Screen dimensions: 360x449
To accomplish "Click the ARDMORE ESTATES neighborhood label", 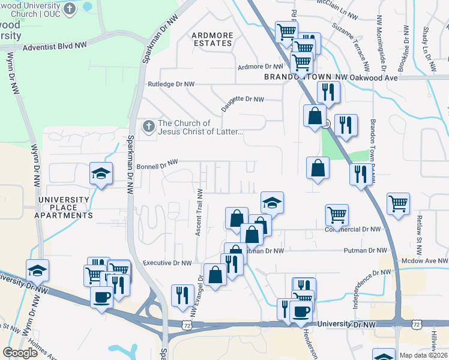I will click(212, 39).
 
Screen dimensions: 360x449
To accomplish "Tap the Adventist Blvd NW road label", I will click(55, 45).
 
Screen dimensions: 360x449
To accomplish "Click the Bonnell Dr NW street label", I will click(158, 163).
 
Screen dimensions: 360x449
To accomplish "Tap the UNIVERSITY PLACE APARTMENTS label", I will click(64, 207).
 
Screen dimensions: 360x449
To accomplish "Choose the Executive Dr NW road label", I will click(167, 263).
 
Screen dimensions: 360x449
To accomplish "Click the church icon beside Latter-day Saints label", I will click(148, 127).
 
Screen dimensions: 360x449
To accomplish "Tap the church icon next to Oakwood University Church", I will click(70, 9).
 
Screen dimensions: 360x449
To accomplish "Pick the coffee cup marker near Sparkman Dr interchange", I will click(101, 296).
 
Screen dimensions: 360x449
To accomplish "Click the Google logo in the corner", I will click(20, 353).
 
